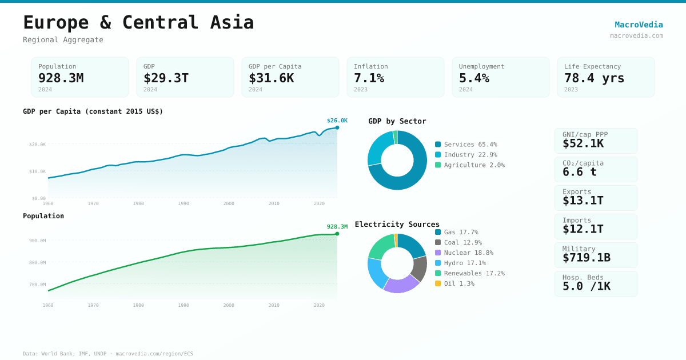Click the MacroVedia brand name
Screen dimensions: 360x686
click(x=639, y=25)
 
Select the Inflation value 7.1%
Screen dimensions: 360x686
click(x=369, y=78)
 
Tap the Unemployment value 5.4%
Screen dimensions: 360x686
click(x=474, y=78)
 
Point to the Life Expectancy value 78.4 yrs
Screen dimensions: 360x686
click(x=594, y=78)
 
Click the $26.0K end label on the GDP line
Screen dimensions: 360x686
click(x=337, y=121)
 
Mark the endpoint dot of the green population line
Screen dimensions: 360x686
click(x=337, y=234)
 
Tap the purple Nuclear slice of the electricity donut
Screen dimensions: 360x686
click(x=401, y=285)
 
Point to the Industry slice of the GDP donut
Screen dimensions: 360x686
click(x=379, y=146)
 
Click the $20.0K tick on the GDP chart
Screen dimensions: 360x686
click(x=38, y=145)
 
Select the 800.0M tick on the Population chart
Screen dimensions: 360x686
click(x=38, y=263)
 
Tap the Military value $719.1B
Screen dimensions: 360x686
click(x=586, y=258)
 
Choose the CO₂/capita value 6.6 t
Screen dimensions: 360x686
click(x=579, y=172)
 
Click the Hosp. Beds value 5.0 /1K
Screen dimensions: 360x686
click(x=586, y=286)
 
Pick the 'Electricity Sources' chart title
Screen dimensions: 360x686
click(x=397, y=225)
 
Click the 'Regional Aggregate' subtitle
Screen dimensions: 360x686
click(x=63, y=40)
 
